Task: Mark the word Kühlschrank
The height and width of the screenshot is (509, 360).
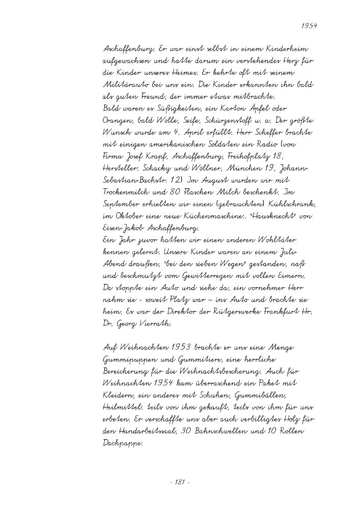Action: point(295,206)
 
